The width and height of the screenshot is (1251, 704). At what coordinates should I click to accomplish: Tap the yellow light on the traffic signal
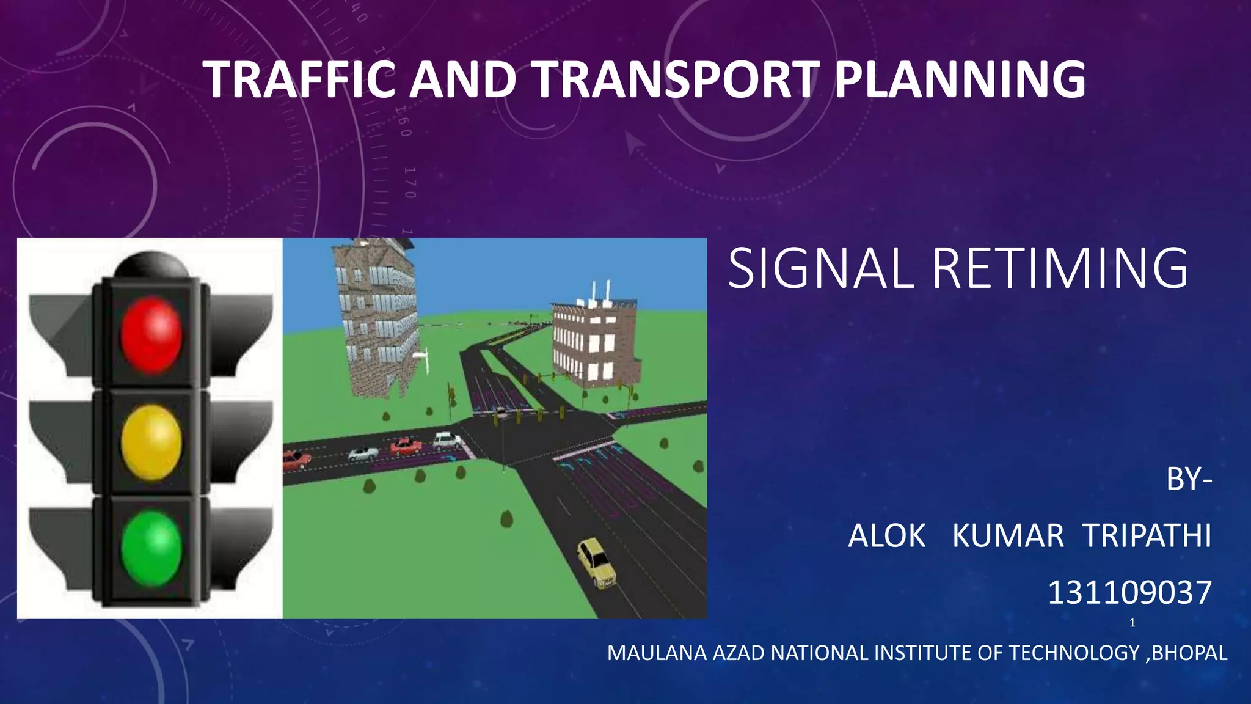(x=151, y=442)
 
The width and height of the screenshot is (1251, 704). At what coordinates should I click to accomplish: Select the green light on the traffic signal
(x=151, y=548)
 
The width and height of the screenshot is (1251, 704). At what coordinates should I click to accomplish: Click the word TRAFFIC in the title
(x=300, y=79)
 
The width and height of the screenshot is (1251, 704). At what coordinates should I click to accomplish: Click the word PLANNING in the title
(x=960, y=79)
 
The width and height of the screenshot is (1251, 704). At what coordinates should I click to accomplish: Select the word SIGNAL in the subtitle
(x=820, y=268)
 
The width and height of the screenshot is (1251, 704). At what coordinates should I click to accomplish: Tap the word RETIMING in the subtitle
(x=1060, y=268)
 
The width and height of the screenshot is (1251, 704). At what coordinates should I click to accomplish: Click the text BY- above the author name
(x=1189, y=480)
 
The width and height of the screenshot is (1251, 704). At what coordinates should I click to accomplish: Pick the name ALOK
(x=887, y=536)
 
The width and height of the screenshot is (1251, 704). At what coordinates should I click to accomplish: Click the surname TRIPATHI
(x=1147, y=536)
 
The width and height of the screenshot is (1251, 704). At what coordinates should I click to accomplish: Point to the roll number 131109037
(x=1129, y=593)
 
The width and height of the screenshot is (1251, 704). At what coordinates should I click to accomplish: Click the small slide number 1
(x=1132, y=623)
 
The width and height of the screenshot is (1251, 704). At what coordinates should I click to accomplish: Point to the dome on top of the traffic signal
(x=151, y=265)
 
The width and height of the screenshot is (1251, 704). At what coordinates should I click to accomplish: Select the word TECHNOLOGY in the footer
(x=1074, y=653)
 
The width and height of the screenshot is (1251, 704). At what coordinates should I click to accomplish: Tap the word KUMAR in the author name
(x=1008, y=536)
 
